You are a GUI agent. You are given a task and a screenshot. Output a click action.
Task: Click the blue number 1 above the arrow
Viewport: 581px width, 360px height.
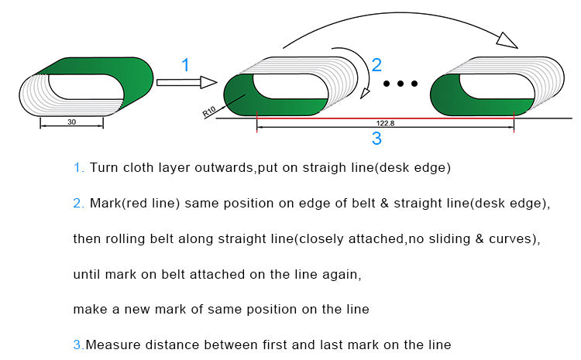tap(184, 66)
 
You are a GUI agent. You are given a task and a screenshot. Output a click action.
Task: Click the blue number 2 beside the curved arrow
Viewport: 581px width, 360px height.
tap(376, 66)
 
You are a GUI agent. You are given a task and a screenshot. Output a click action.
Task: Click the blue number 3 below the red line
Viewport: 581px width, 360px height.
tap(376, 139)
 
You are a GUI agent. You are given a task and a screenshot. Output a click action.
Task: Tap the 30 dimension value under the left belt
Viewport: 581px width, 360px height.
tap(71, 122)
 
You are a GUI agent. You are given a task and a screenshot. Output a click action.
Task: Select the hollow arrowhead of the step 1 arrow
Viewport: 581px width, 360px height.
tap(208, 82)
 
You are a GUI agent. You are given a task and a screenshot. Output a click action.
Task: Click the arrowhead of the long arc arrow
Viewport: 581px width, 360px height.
tap(507, 39)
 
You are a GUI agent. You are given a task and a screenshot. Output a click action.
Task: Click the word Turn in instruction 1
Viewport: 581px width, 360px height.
tap(104, 167)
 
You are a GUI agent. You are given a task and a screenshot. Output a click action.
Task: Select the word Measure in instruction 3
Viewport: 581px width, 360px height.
tap(109, 345)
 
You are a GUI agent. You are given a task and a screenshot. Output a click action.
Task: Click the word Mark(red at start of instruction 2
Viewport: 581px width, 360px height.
tap(117, 203)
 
